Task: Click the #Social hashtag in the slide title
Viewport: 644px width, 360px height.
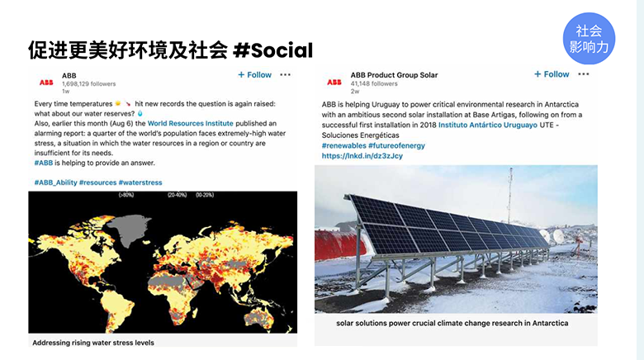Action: click(273, 50)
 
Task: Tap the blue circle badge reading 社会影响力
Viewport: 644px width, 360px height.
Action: click(590, 40)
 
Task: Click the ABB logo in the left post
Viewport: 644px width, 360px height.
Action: click(46, 83)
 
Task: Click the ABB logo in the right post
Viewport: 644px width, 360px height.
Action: click(334, 82)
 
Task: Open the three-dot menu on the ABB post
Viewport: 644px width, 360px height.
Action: click(286, 75)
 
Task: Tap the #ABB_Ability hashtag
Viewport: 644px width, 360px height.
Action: click(55, 182)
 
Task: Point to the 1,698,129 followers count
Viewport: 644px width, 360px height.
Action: click(88, 83)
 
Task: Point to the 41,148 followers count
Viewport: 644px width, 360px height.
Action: click(373, 83)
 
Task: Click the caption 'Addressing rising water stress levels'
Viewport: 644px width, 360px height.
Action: click(93, 342)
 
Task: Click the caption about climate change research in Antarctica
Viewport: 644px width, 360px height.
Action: click(452, 323)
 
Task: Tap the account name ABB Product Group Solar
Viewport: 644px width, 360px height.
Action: click(394, 75)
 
